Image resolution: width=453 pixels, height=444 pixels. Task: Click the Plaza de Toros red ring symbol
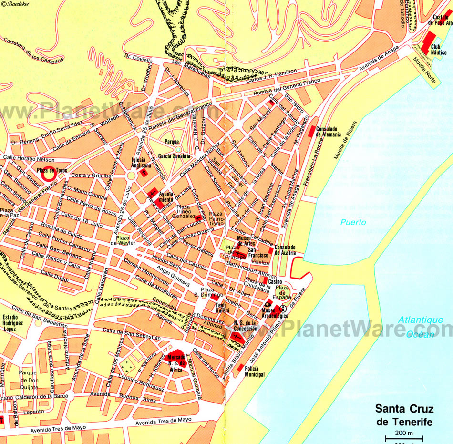pyautogui.click(x=48, y=175)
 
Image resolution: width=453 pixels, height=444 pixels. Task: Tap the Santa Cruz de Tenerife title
pyautogui.click(x=404, y=415)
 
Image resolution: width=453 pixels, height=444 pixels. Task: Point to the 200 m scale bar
pyautogui.click(x=404, y=438)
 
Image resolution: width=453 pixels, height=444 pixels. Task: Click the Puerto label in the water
pyautogui.click(x=353, y=222)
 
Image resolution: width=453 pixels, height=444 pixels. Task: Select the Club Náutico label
pyautogui.click(x=439, y=50)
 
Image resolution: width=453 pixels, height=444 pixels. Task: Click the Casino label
pyautogui.click(x=275, y=282)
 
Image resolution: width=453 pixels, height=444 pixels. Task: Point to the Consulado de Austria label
pyautogui.click(x=285, y=249)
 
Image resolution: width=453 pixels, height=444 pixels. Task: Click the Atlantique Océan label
pyautogui.click(x=421, y=327)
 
